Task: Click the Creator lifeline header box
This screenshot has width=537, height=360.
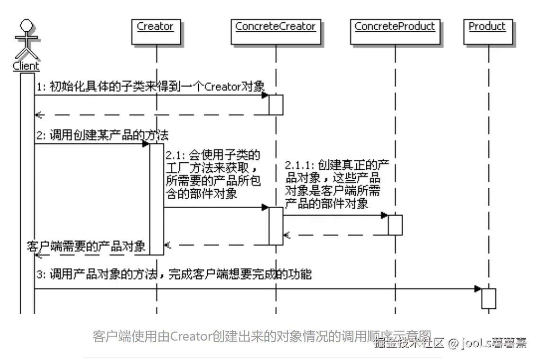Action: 155,31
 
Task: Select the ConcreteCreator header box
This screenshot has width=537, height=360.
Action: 275,31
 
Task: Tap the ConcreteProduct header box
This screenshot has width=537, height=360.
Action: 395,31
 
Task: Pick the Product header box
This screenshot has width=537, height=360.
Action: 487,31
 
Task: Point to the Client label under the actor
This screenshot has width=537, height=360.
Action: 26,67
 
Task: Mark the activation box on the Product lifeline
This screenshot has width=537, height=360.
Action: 489,299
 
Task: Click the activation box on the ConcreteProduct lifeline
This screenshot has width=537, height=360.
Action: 395,225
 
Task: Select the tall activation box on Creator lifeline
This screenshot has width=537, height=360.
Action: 157,199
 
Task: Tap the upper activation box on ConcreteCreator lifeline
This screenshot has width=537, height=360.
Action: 276,105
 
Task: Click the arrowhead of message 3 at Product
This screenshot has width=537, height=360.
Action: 478,289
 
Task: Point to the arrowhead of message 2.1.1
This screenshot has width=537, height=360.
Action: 385,215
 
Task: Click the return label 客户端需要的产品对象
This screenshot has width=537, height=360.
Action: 87,246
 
